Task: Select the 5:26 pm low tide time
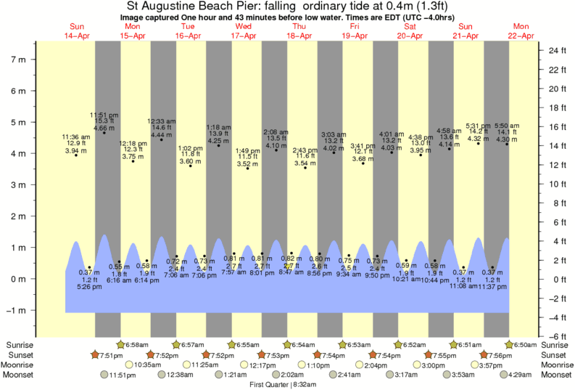pos(88,286)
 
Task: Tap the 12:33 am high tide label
pos(161,121)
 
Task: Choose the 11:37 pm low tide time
pos(493,286)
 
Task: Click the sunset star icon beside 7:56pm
pos(484,354)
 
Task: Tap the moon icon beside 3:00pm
pos(418,365)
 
